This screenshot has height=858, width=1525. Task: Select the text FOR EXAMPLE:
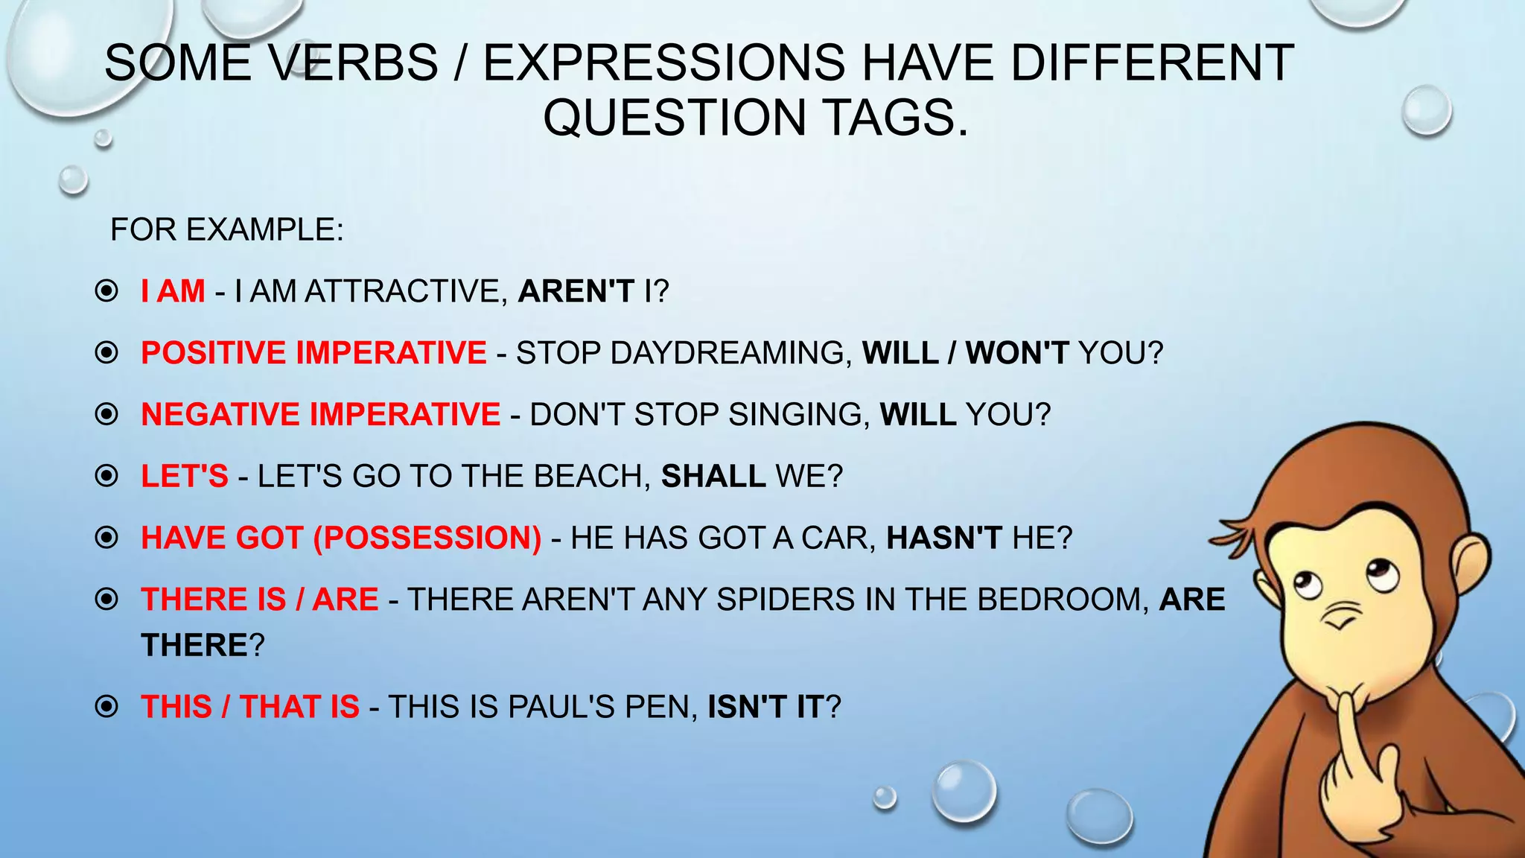click(227, 229)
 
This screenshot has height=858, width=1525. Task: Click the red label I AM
click(173, 291)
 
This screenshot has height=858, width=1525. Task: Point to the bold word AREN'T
click(576, 291)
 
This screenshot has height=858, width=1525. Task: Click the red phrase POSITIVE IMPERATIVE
click(313, 353)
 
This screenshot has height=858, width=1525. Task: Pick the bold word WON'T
click(1017, 353)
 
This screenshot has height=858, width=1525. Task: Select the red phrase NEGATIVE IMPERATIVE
click(320, 415)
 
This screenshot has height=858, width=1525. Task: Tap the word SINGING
click(798, 415)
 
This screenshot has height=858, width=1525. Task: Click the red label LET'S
click(185, 477)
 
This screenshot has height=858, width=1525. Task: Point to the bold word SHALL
click(713, 477)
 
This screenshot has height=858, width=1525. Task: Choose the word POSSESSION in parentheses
click(427, 538)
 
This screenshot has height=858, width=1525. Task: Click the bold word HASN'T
click(943, 538)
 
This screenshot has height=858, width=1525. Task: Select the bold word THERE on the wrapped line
click(194, 646)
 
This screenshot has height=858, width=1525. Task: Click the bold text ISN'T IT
click(765, 707)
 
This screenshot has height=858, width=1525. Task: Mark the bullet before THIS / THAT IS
click(106, 706)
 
